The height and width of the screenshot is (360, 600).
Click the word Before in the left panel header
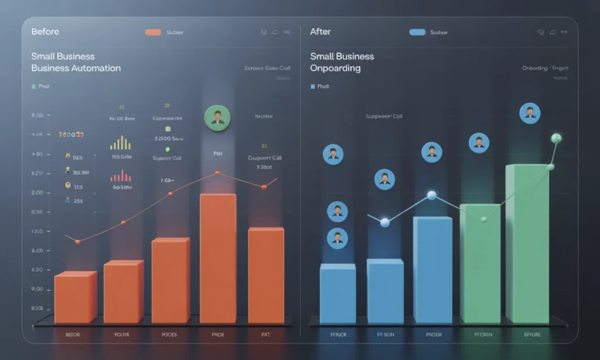point(45,31)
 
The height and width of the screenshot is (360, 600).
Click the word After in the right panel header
point(321,31)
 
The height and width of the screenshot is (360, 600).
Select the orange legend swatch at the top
point(153,32)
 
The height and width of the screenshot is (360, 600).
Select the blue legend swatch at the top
point(417,32)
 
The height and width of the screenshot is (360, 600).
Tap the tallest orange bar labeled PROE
point(217,258)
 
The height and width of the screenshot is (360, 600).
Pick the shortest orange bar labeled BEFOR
point(75,297)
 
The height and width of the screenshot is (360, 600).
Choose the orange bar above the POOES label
point(170,280)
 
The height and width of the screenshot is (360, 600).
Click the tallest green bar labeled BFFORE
point(527,243)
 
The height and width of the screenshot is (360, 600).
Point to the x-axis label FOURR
point(122,335)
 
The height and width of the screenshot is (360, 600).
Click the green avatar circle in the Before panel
point(217,118)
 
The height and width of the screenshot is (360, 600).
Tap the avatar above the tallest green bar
point(530,113)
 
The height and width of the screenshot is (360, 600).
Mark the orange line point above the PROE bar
point(217,173)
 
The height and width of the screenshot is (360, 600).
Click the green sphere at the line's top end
point(556,138)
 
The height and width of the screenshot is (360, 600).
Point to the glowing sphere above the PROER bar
point(432,195)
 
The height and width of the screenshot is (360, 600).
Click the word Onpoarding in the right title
point(335,68)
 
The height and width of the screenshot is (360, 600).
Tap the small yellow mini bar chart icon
point(120,143)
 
